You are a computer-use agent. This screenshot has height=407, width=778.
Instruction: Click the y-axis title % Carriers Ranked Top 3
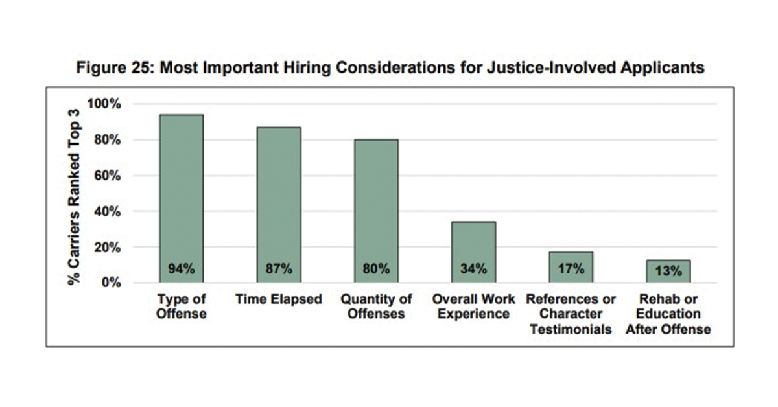(x=75, y=193)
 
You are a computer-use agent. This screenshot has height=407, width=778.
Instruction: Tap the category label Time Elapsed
(x=278, y=299)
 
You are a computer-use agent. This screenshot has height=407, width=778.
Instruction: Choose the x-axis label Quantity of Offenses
(x=376, y=307)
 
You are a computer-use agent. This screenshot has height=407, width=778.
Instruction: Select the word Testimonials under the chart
(x=571, y=329)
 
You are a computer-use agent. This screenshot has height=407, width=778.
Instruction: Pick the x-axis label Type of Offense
(x=181, y=307)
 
